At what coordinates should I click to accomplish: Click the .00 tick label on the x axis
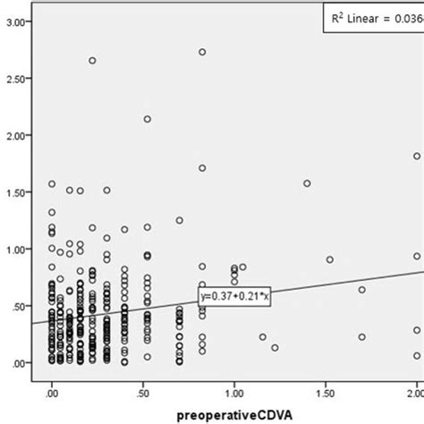point(52,392)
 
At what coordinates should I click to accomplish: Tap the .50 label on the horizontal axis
point(144,392)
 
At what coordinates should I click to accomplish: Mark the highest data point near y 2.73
point(202,52)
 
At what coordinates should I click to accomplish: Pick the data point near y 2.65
point(92,61)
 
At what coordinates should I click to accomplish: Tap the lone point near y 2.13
point(148,119)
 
